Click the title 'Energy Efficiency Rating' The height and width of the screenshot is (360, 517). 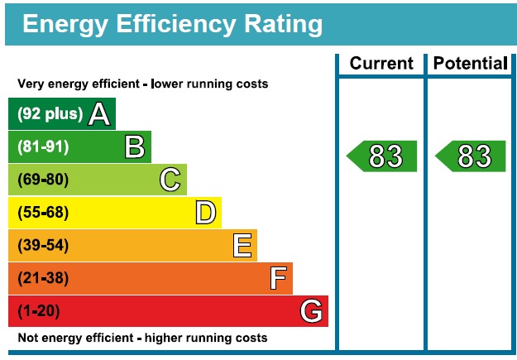tap(172, 24)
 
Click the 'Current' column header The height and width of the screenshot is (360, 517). tap(381, 64)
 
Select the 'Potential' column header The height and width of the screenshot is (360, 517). tap(470, 64)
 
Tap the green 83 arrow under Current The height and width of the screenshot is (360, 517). tap(382, 156)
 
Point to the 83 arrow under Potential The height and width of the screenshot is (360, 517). tap(471, 156)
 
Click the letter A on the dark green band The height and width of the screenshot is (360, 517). tap(99, 114)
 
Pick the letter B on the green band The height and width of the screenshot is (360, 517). tap(135, 147)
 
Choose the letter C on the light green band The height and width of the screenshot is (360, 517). tap(170, 180)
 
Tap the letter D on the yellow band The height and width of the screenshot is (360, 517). tap(206, 213)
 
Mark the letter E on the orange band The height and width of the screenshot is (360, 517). tap(242, 246)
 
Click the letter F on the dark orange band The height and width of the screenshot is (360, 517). tap(278, 278)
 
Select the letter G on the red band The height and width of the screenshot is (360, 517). tap(311, 311)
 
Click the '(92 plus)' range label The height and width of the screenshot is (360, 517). tap(50, 114)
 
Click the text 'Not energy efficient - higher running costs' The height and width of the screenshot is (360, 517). tap(142, 338)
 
